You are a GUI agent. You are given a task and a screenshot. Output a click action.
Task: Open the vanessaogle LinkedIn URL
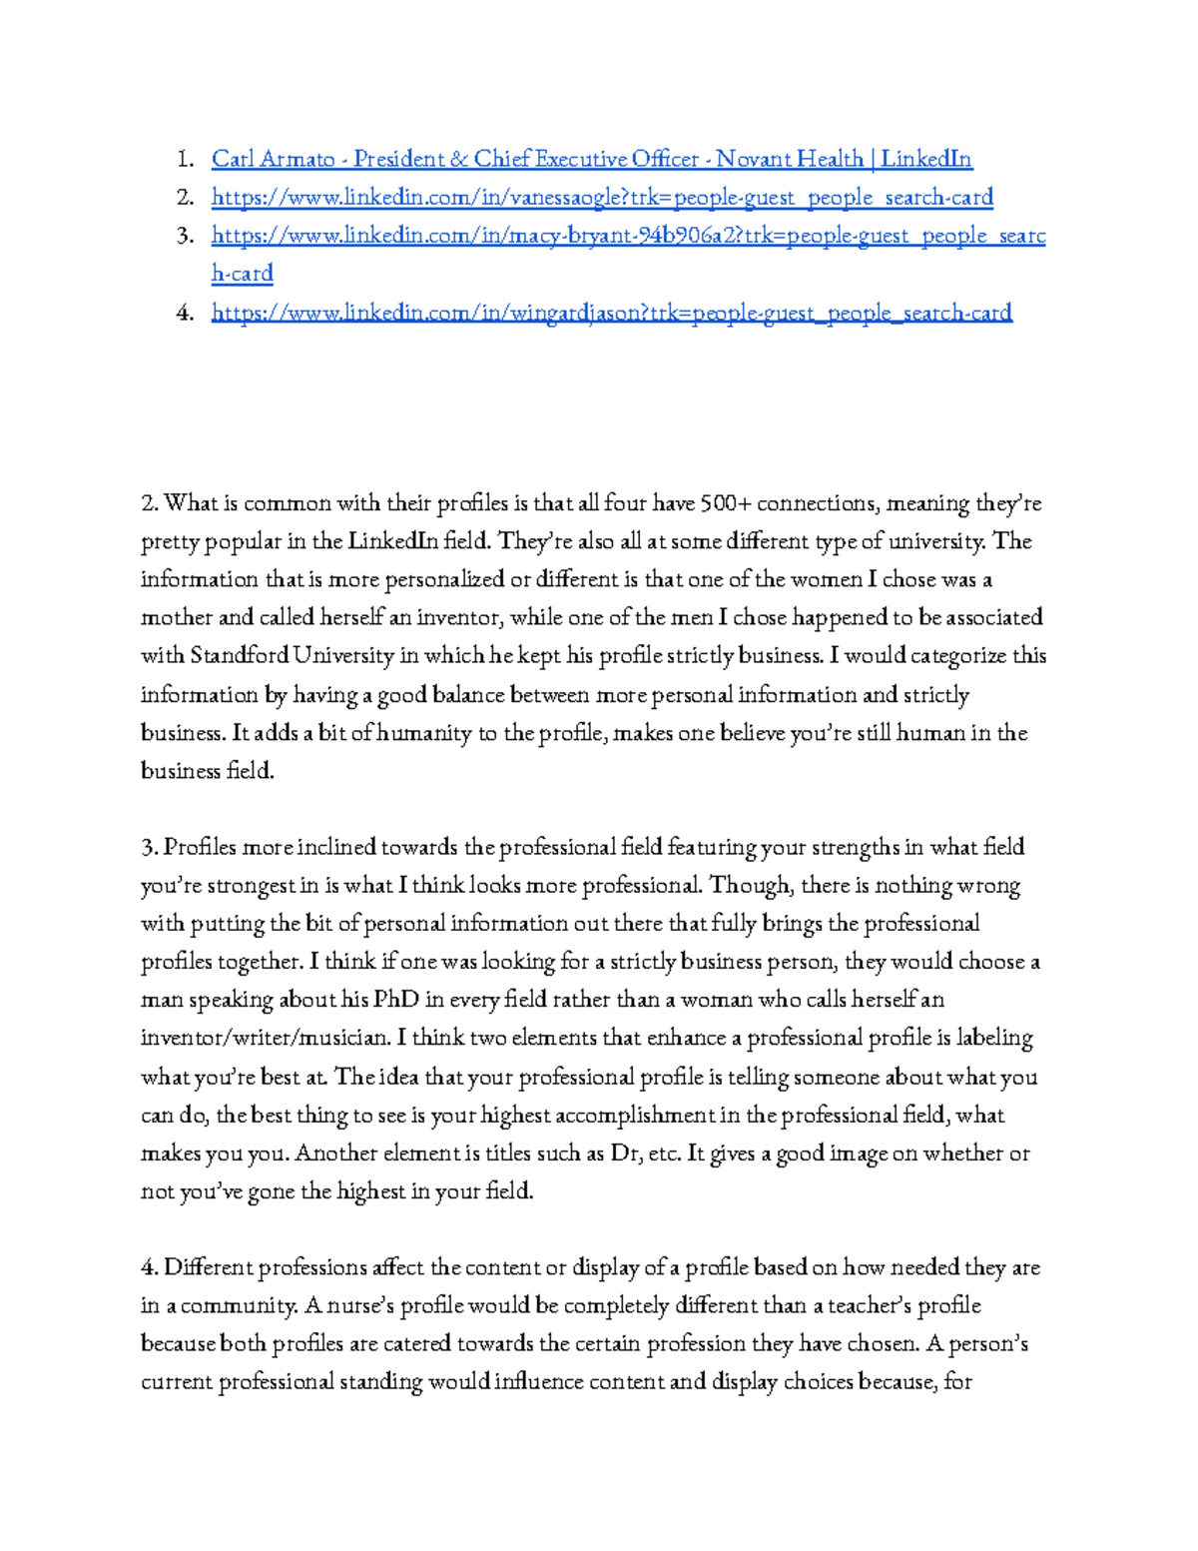[x=602, y=197]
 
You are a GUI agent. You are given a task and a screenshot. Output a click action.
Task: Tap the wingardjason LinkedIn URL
[x=611, y=313]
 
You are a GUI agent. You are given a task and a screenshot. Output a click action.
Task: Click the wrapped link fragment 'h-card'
[x=242, y=274]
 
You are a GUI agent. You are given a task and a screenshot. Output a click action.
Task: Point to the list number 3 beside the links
[x=185, y=236]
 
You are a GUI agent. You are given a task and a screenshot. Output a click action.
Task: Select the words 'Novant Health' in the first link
[x=789, y=159]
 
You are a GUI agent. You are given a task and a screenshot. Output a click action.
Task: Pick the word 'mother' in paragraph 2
[x=177, y=618]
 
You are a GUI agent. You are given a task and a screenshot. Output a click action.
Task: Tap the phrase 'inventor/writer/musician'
[x=265, y=1039]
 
